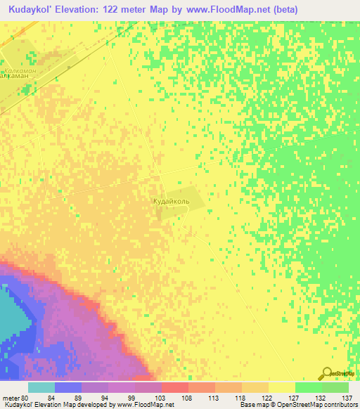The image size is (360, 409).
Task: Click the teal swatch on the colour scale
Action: click(41, 387)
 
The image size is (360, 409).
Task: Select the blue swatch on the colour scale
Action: click(67, 387)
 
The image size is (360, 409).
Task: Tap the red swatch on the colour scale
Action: click(174, 387)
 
